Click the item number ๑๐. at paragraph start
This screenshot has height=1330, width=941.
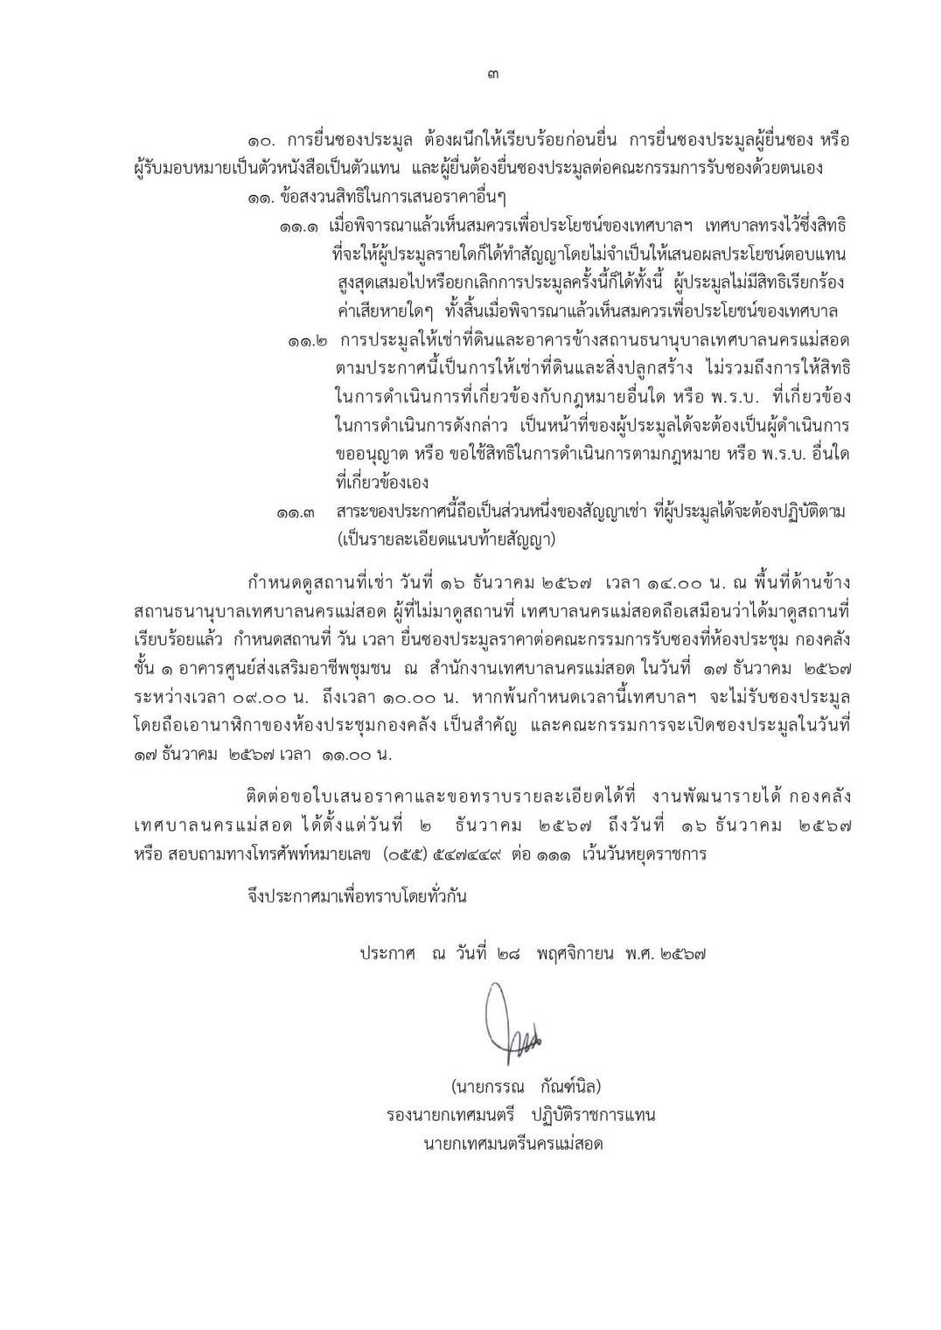click(x=262, y=141)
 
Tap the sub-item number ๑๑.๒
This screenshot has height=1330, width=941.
click(x=308, y=340)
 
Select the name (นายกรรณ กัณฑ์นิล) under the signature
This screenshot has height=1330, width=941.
click(x=526, y=1087)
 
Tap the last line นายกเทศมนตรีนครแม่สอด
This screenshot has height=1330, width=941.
click(x=513, y=1144)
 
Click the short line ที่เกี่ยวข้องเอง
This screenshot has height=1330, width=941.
click(x=381, y=483)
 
